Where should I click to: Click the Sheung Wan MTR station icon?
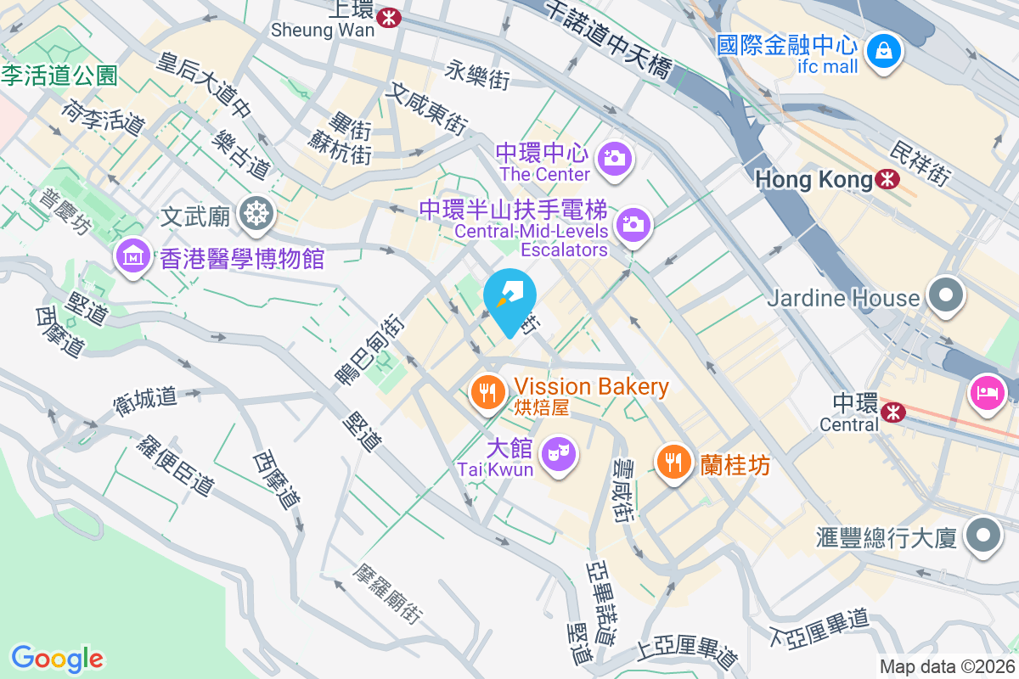[x=391, y=16]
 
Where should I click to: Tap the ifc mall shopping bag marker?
[x=884, y=53]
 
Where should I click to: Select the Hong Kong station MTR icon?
[x=888, y=179]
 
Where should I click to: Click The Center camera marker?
[x=613, y=159]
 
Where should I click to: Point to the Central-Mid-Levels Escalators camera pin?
[x=633, y=226]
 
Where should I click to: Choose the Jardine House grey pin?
[x=946, y=296]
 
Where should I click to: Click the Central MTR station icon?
[x=892, y=412]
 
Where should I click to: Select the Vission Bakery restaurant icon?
[x=487, y=392]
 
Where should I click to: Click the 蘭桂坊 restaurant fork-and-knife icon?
[x=674, y=463]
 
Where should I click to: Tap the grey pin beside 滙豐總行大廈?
[x=984, y=536]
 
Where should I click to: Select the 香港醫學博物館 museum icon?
[x=133, y=256]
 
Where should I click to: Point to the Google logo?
[x=58, y=659]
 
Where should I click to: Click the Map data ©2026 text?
[x=946, y=667]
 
